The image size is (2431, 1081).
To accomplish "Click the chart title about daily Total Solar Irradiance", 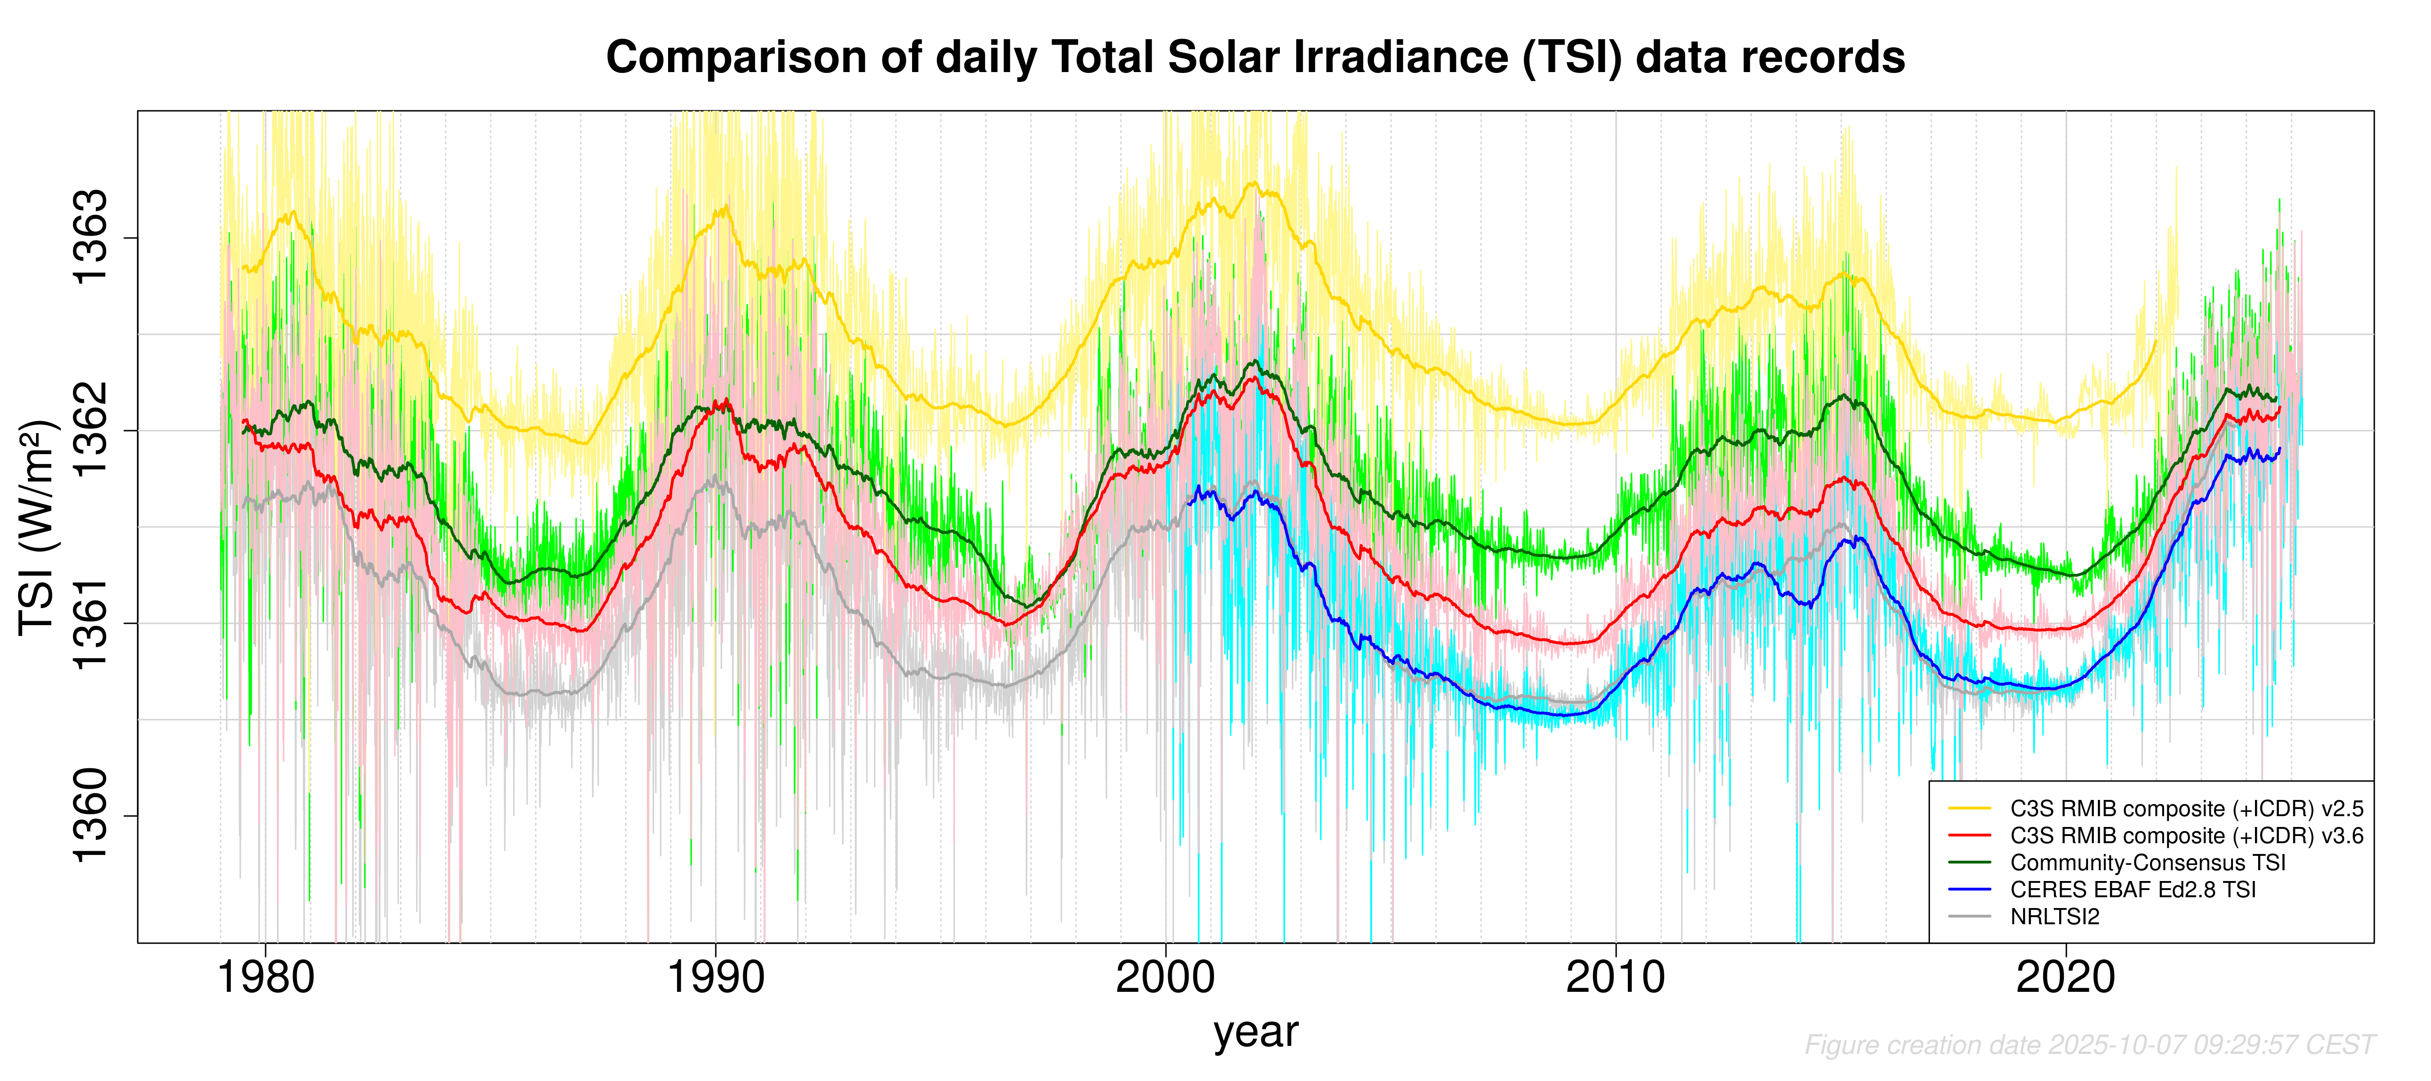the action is point(1255,58).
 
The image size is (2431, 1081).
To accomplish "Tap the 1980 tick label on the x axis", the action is point(266,978).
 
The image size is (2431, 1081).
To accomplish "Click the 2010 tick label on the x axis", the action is point(1616,978).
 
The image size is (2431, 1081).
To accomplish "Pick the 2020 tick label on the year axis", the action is point(2066,978).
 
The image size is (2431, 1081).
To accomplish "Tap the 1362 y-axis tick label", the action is point(90,431).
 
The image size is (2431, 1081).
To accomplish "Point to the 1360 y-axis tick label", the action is point(90,816).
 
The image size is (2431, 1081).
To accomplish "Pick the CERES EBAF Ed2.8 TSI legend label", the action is point(2133,889).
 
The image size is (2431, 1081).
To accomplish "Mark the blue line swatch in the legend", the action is point(1970,889).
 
